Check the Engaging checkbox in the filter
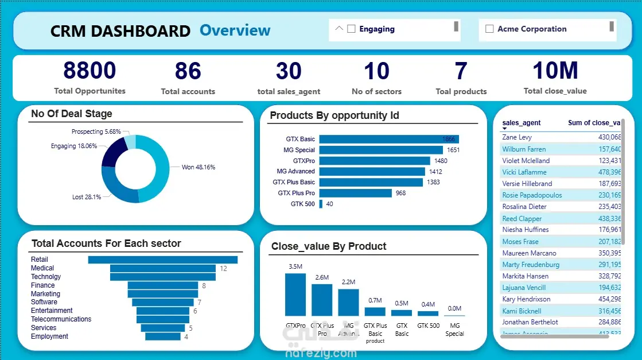click(x=352, y=29)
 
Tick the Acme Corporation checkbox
click(x=489, y=29)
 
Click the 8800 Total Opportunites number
click(x=90, y=71)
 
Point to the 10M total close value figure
click(x=555, y=71)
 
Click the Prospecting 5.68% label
click(x=96, y=131)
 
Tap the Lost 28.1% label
click(x=87, y=197)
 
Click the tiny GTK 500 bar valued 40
click(x=321, y=204)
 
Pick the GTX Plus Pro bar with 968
click(x=355, y=193)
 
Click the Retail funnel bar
click(x=162, y=260)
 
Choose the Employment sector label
click(x=49, y=336)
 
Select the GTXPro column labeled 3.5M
click(x=295, y=294)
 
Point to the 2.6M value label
click(x=322, y=278)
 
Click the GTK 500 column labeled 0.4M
click(x=428, y=313)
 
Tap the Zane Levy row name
click(x=517, y=138)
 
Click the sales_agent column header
click(x=522, y=123)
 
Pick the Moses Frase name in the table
click(x=520, y=242)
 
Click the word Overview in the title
click(x=235, y=30)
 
